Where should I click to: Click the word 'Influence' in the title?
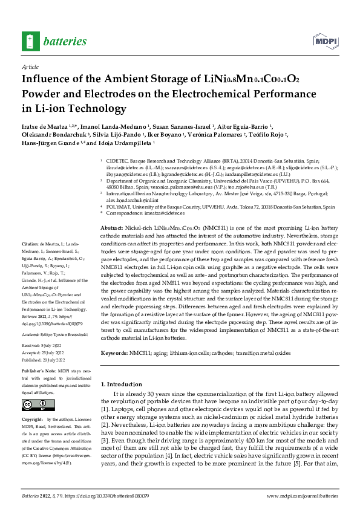pyautogui.click(x=50, y=79)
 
